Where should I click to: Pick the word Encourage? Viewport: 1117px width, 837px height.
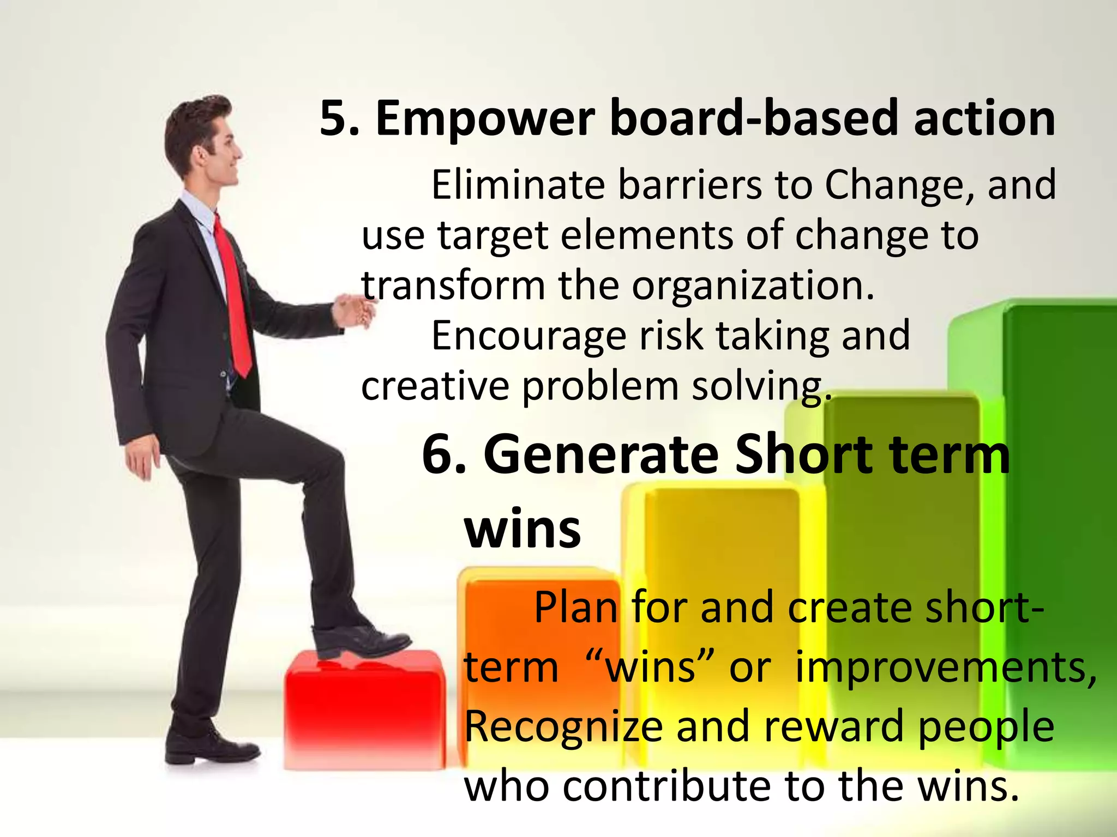click(x=529, y=336)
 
